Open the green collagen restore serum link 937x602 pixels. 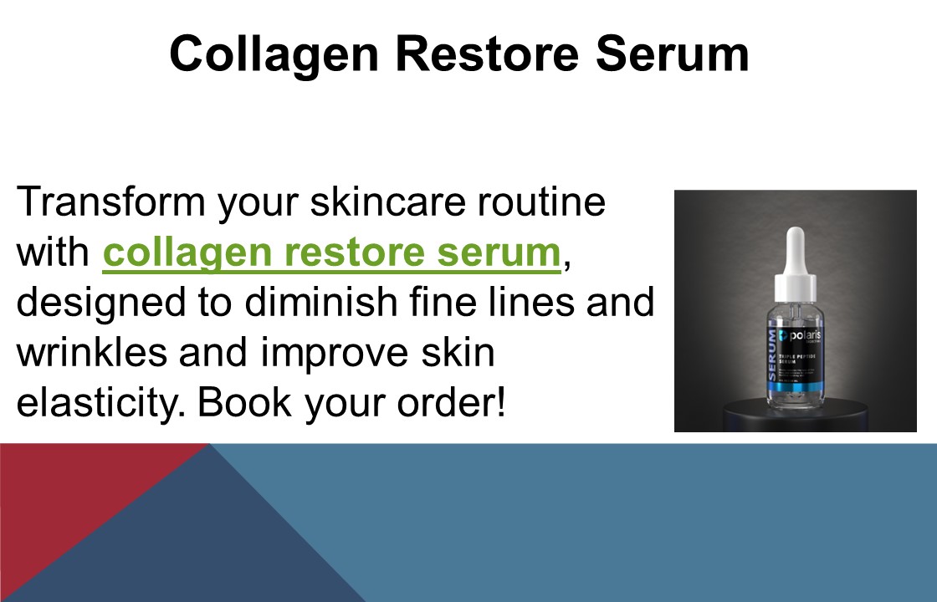(x=331, y=253)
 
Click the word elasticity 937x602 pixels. (x=99, y=403)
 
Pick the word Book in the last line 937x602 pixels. (x=244, y=403)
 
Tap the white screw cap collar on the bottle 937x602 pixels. (x=795, y=290)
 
